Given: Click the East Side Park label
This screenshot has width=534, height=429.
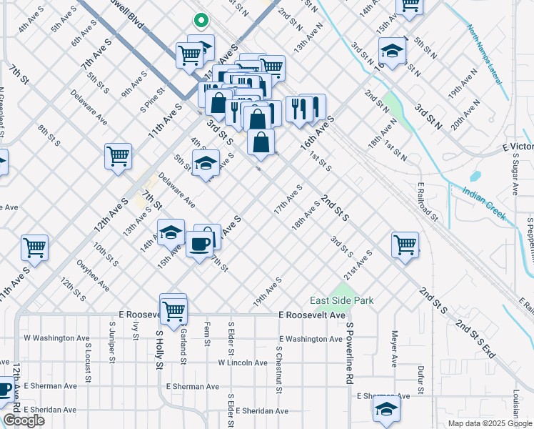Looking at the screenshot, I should coord(341,301).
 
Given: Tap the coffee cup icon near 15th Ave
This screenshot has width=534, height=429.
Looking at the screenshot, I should coord(199,243).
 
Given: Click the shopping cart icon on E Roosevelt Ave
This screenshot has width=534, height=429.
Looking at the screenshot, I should coord(173,310).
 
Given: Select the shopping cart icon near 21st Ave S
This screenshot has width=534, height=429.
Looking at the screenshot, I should coord(405,244).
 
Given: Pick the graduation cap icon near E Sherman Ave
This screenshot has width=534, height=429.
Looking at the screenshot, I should coord(384,409).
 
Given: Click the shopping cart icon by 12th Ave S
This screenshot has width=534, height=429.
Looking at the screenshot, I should coord(118,157).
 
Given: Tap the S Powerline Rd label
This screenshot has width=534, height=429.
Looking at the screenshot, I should coord(350,353).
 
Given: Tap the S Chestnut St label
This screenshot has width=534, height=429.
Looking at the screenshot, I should coord(278,370).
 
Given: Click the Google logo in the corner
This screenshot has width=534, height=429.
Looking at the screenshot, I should coord(24,420).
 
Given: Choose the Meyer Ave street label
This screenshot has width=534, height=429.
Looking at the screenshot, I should coord(393,347).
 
